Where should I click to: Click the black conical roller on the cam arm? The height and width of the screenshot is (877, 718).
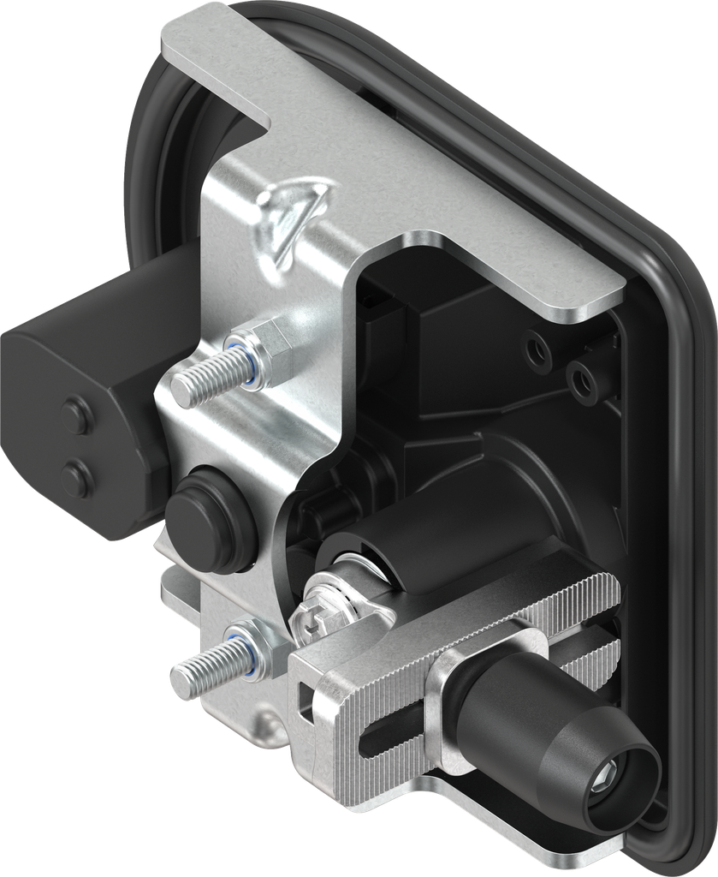[x=548, y=737]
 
